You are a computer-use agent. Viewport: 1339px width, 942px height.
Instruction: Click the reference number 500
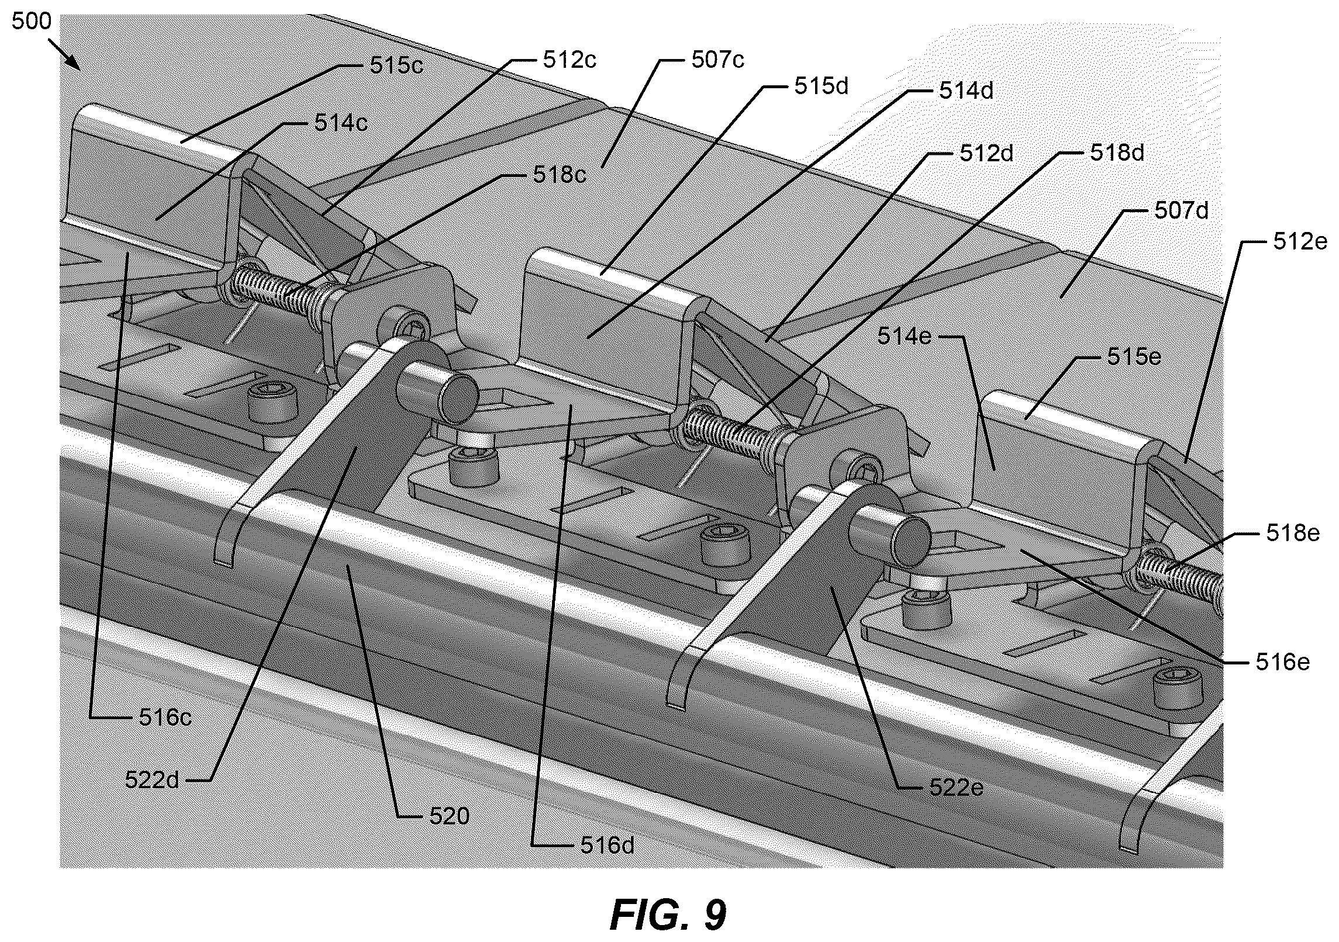(32, 22)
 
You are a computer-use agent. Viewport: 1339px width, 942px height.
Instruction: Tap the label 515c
(396, 65)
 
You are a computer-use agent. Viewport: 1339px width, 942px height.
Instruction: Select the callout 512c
(570, 60)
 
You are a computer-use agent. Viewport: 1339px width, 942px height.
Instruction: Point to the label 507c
(717, 60)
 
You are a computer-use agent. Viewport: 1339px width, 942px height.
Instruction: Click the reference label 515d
(821, 86)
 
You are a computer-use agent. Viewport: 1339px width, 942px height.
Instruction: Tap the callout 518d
(1117, 153)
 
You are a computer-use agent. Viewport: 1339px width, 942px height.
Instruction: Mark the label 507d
(1181, 210)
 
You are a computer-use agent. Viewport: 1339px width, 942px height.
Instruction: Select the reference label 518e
(1293, 533)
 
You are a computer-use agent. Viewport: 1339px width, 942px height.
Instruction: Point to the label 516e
(1282, 662)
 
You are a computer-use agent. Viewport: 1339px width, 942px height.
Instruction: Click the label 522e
(957, 788)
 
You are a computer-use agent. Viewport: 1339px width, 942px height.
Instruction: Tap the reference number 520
(450, 816)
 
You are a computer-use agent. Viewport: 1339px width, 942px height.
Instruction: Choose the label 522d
(153, 780)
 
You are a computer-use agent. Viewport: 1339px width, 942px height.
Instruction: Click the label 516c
(165, 717)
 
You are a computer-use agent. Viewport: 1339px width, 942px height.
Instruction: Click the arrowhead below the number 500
(74, 61)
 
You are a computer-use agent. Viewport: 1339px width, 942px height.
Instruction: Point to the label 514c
(341, 123)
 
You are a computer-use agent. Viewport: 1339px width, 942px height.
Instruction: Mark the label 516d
(608, 845)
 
